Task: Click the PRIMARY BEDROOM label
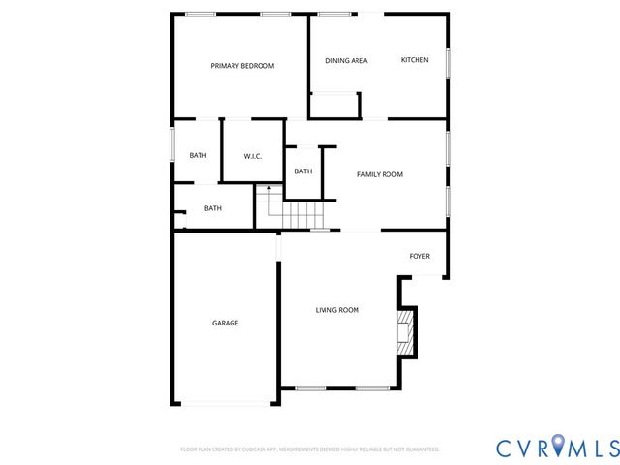[242, 66]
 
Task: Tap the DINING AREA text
[346, 61]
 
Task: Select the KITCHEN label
[415, 60]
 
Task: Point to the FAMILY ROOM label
[380, 174]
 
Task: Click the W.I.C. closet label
[253, 156]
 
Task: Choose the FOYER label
[419, 256]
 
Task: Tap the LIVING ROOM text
[337, 310]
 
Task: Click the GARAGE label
[226, 323]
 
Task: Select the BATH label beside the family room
[303, 171]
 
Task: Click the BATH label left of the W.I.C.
[198, 156]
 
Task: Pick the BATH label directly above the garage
[212, 208]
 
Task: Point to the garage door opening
[226, 403]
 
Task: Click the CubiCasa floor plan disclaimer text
[310, 449]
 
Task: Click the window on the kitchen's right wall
[449, 63]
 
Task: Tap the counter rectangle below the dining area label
[335, 105]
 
